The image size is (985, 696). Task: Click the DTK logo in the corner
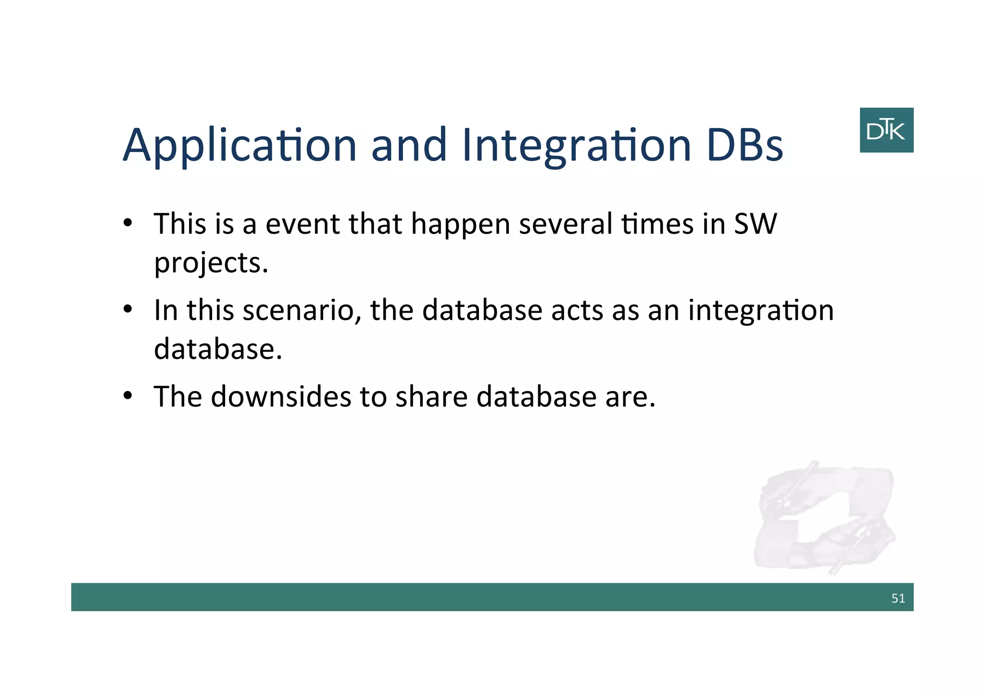(886, 130)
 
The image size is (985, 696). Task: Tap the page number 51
(897, 598)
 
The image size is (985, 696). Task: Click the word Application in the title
(239, 146)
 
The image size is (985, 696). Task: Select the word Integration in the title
(576, 146)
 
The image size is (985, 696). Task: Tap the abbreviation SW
(755, 224)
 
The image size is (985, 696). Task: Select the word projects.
(211, 264)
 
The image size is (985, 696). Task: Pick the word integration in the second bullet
(761, 310)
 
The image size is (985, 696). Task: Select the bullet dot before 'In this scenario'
(127, 309)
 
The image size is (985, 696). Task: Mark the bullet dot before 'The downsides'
(127, 396)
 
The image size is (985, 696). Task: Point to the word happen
(460, 224)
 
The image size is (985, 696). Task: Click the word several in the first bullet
(565, 224)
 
